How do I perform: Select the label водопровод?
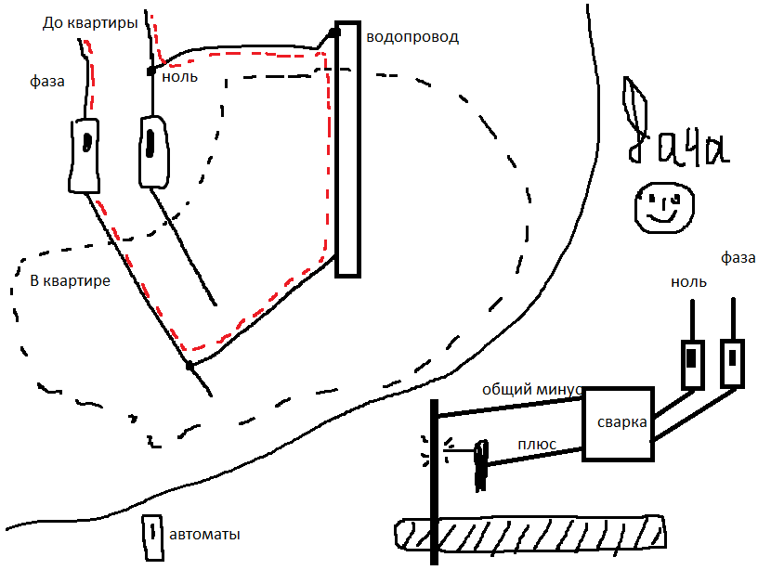[x=412, y=37]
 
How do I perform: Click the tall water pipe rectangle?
[x=347, y=149]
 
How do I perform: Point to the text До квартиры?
[x=91, y=21]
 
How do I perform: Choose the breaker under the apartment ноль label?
[x=152, y=149]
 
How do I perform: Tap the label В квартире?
[x=71, y=279]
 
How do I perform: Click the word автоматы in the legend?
[x=205, y=535]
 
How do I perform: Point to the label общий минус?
[x=531, y=390]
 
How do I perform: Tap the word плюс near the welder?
[x=537, y=445]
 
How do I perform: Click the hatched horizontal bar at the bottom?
[x=529, y=533]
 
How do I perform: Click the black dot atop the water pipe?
[x=333, y=32]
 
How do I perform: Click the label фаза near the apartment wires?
[x=46, y=82]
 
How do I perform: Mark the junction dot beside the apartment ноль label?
[x=150, y=71]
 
